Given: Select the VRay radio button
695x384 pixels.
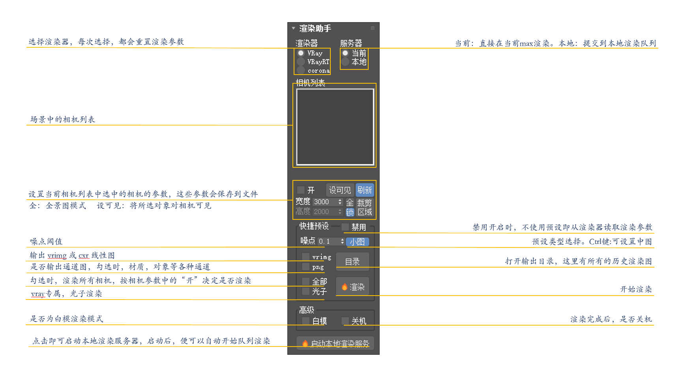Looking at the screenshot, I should click(301, 53).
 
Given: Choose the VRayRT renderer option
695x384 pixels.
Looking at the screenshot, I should click(301, 62).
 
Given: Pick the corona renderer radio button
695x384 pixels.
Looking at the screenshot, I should click(301, 70).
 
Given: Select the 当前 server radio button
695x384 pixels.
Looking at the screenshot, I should click(345, 53).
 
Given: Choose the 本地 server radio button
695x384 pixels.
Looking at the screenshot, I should click(345, 62).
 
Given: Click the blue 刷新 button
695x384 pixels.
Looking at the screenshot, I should click(364, 190).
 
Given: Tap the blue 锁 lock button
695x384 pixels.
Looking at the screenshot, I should click(350, 212).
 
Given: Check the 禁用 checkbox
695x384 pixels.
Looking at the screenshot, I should click(345, 227).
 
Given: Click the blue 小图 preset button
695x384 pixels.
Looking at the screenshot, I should click(357, 242).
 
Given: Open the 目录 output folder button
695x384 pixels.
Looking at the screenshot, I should click(352, 262).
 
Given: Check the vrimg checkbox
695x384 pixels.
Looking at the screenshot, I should click(305, 257).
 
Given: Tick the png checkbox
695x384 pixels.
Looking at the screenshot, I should click(305, 267).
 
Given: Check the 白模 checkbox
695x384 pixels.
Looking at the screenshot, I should click(305, 321).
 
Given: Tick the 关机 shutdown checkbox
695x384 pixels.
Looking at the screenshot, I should click(345, 321).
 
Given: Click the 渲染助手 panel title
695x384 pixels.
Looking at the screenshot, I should click(315, 28).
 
